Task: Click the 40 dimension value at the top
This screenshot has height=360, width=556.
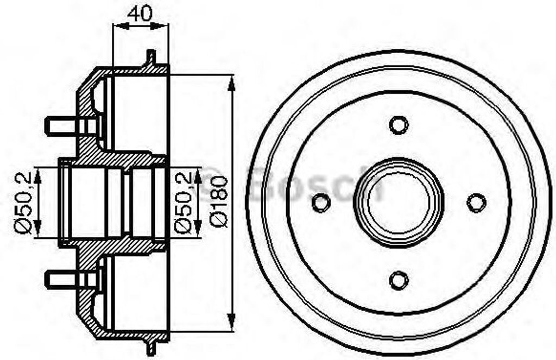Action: [x=140, y=13]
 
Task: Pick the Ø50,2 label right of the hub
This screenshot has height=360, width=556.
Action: [x=183, y=201]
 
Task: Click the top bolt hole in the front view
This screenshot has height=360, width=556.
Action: [x=399, y=125]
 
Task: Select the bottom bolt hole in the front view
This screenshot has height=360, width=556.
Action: [x=399, y=280]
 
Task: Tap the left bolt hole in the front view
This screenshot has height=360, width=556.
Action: [x=321, y=203]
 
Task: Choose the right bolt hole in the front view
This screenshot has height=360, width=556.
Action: [x=476, y=203]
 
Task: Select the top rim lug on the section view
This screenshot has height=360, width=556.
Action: [x=151, y=56]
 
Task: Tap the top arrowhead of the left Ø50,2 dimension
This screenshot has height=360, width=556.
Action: [x=38, y=174]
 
